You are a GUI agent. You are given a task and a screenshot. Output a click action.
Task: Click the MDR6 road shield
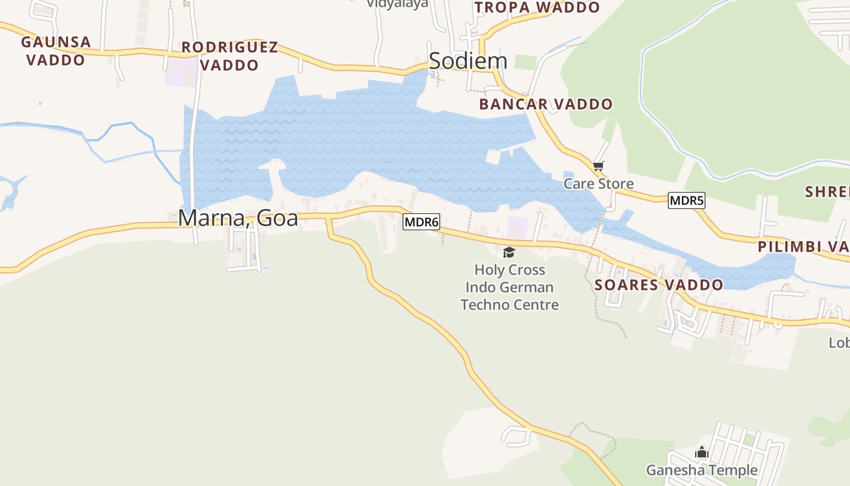[x=421, y=222]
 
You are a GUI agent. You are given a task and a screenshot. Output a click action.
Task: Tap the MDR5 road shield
[x=686, y=200]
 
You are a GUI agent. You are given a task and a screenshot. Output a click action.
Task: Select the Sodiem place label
[x=467, y=61]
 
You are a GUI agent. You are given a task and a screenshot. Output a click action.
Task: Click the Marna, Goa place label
[x=238, y=217]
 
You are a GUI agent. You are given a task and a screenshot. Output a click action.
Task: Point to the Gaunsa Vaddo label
[x=56, y=51]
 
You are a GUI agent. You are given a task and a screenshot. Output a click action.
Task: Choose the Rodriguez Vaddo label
[x=229, y=56]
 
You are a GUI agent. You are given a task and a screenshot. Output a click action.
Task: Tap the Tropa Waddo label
[x=537, y=7]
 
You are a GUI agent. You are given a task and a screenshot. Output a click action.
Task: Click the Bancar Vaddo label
[x=546, y=104]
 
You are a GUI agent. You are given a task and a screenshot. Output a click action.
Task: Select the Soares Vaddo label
[x=659, y=285]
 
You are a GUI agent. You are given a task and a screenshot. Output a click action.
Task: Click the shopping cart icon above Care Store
[x=599, y=166]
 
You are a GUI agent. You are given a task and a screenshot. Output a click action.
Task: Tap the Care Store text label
[x=599, y=183]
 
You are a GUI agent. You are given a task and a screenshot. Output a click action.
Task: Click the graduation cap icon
[x=509, y=252]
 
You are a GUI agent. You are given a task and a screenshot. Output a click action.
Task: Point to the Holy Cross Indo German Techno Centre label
[x=509, y=287]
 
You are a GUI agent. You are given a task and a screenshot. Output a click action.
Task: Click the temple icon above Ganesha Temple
[x=702, y=453]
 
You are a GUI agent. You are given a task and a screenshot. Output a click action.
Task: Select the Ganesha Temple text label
[x=702, y=470]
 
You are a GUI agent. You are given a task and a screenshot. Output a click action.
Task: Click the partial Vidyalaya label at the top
[x=397, y=4]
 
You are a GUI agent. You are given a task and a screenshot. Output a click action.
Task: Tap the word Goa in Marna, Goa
[x=277, y=217]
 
